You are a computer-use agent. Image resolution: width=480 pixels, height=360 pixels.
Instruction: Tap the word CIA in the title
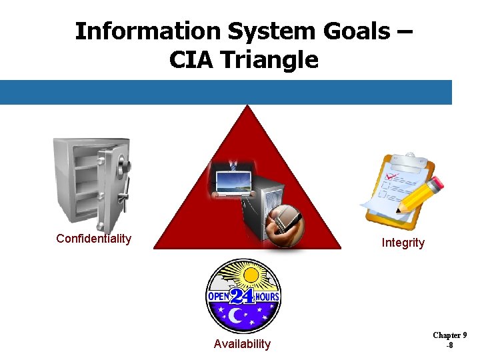tap(193, 60)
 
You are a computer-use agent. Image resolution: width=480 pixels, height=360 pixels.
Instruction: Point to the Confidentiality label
tap(93, 239)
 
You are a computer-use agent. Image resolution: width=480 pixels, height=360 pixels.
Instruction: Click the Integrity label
tap(403, 243)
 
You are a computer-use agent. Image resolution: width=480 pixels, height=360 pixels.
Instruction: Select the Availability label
tap(242, 344)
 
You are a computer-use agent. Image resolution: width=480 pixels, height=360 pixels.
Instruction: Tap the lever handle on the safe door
tap(121, 197)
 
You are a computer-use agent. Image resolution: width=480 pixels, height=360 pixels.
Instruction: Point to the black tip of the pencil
tap(397, 212)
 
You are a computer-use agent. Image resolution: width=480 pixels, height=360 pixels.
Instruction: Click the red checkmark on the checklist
tap(393, 177)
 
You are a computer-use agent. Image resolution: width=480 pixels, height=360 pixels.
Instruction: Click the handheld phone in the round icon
tap(287, 223)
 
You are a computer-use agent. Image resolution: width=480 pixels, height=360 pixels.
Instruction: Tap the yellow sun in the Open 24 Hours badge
tap(251, 275)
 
